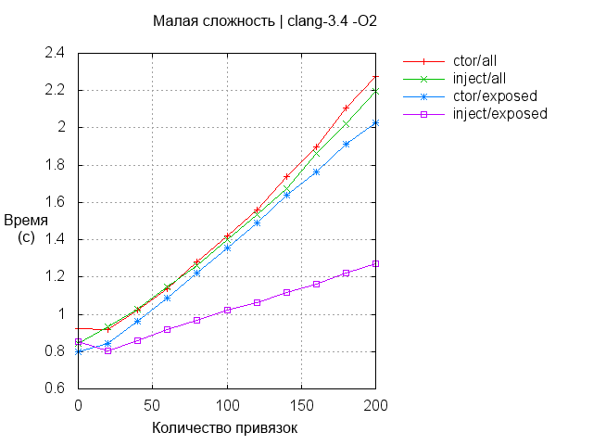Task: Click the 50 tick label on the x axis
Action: pos(152,405)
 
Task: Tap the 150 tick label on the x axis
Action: pos(300,405)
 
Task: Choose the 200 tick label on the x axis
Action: pos(374,405)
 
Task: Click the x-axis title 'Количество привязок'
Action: pos(226,429)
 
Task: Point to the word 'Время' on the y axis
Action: pos(26,221)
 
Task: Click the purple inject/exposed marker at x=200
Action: pos(375,263)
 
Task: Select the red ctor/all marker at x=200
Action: pos(375,77)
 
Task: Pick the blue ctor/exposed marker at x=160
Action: pos(316,172)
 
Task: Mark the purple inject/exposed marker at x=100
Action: pos(227,310)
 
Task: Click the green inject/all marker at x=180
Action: pos(346,123)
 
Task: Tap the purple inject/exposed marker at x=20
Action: pos(107,350)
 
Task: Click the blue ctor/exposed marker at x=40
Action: pos(137,321)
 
